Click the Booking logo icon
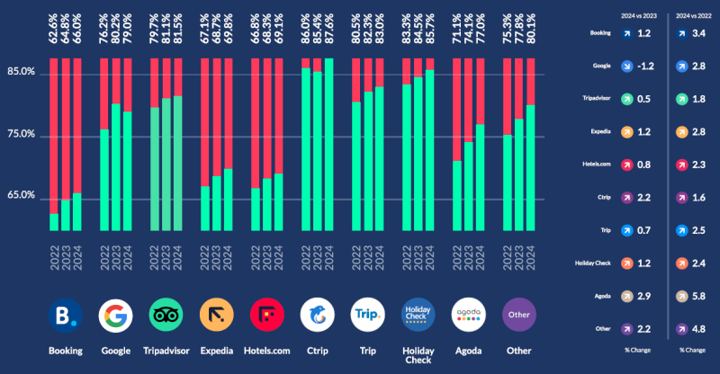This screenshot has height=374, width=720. pyautogui.click(x=65, y=315)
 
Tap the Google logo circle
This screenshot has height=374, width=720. pyautogui.click(x=115, y=315)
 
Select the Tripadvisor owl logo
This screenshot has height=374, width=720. pyautogui.click(x=166, y=315)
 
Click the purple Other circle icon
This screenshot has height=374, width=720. pyautogui.click(x=519, y=315)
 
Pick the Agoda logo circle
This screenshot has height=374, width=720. pyautogui.click(x=469, y=315)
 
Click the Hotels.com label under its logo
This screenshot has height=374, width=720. pyautogui.click(x=267, y=351)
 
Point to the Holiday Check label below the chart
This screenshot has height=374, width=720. pyautogui.click(x=418, y=354)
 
